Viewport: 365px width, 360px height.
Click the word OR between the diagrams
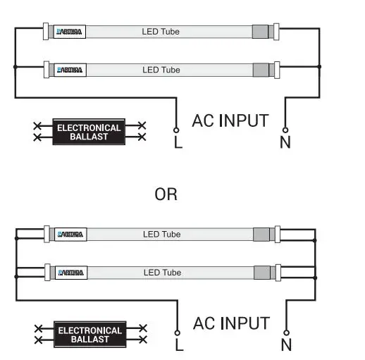pos(166,194)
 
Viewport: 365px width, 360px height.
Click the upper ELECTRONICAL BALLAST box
pos(88,132)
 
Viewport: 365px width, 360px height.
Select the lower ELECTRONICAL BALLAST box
pos(89,334)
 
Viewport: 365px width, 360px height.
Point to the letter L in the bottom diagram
pos(178,345)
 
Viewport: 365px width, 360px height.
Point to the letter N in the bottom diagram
pos(286,345)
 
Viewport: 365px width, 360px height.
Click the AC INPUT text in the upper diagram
pos(230,120)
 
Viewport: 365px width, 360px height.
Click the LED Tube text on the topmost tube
pos(161,32)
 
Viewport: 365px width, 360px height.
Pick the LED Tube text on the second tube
pos(161,70)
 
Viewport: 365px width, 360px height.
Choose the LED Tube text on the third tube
pos(161,234)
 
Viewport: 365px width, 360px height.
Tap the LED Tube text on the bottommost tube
pos(161,272)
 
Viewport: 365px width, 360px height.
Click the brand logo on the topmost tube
pos(70,32)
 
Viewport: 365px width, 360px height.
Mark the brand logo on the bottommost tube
pos(70,272)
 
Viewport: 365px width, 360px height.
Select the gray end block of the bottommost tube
pos(261,272)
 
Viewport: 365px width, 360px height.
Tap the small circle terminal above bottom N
pos(286,333)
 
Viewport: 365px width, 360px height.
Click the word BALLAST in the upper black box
pos(89,137)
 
